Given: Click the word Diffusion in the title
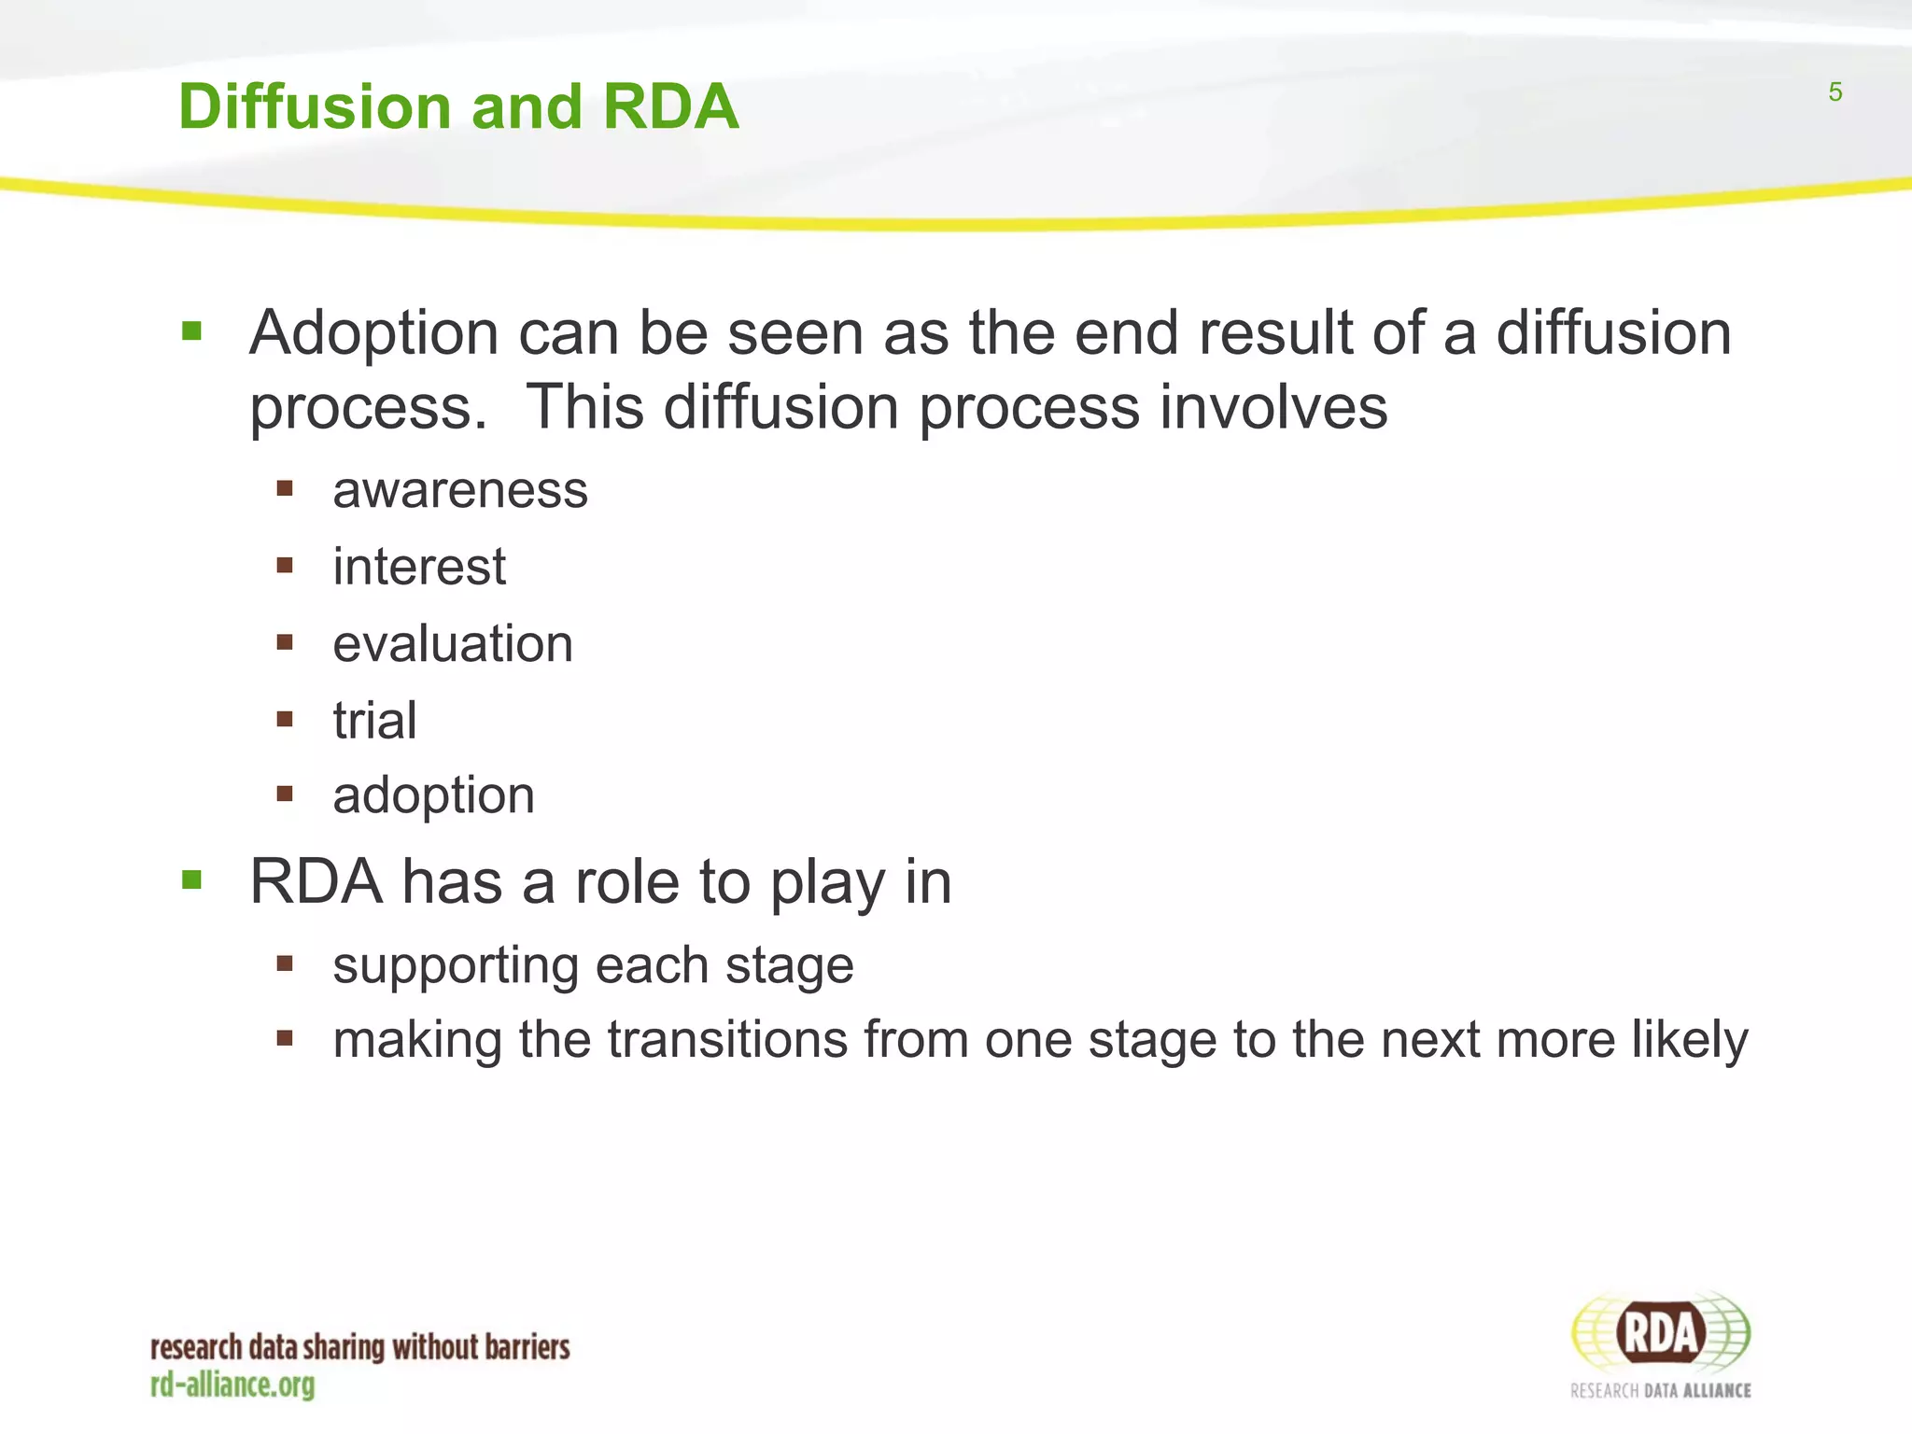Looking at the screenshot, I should (315, 106).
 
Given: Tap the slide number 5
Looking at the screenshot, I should (1835, 92).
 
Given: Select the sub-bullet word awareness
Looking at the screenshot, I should (460, 490).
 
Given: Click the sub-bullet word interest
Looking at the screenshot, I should (419, 567).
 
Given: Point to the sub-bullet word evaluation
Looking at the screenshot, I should (453, 644).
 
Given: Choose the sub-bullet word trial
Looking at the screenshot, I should (374, 721).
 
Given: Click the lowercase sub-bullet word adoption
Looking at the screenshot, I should (433, 796).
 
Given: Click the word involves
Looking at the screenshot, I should (1273, 408).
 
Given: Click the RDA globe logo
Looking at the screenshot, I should (1660, 1333).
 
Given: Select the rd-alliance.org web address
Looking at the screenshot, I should (232, 1385).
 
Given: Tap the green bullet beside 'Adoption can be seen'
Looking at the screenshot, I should (192, 331).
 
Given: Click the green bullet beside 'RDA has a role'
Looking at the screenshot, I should (192, 879).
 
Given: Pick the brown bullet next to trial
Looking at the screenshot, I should (285, 719).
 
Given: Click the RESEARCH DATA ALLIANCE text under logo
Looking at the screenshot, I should (1660, 1391).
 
